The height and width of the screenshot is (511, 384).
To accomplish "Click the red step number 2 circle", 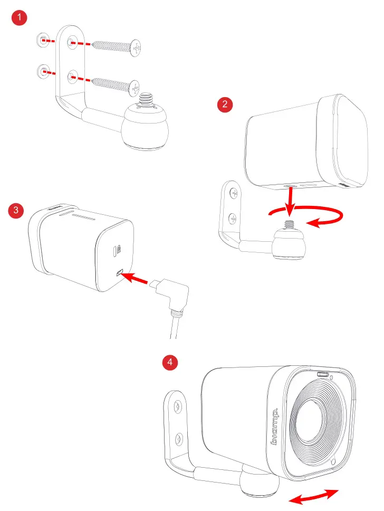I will tap(225, 104).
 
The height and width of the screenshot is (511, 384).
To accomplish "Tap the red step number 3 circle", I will tap(17, 211).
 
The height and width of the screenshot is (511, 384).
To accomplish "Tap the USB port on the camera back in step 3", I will tap(120, 272).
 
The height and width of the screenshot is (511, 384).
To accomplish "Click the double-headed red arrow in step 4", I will tap(314, 496).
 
